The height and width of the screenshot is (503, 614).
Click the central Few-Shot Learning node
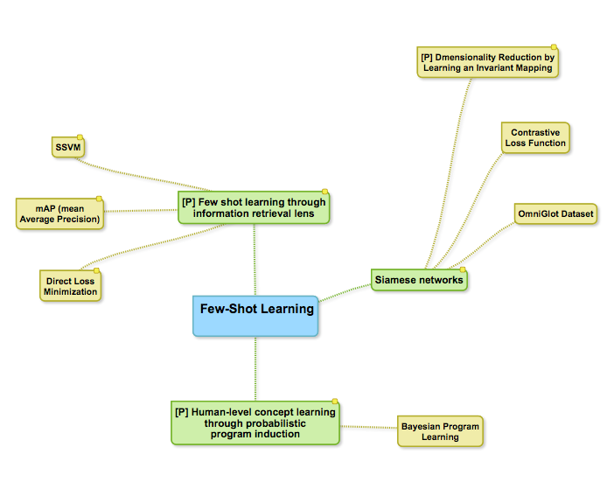255,315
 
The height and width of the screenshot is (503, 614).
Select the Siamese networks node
419,280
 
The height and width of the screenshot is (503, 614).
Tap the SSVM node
66,146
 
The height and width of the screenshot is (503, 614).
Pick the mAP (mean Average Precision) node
59,213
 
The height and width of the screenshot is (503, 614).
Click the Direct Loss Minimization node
71,285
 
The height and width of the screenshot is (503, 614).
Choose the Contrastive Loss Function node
535,138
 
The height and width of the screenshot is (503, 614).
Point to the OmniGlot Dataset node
555,213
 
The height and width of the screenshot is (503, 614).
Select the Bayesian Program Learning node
440,430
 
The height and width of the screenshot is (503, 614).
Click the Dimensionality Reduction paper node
487,62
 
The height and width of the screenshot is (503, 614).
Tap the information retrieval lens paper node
255,207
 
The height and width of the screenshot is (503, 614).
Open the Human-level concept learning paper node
255,423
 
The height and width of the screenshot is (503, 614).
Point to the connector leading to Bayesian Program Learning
368,428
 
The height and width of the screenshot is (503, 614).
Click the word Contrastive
535,133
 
